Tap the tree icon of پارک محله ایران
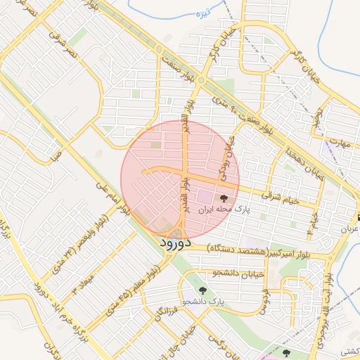[224, 199]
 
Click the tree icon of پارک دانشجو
[203, 290]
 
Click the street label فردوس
[263, 300]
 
